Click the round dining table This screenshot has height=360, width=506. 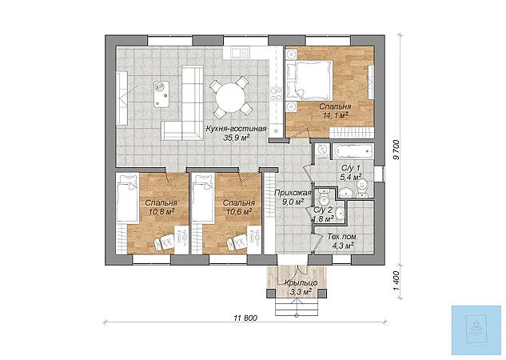coord(230,98)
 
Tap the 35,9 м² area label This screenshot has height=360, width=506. coord(237,138)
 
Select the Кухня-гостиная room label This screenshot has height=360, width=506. coord(237,129)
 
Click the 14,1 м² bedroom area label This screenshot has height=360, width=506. coord(335,115)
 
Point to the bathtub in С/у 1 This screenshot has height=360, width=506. coord(353,151)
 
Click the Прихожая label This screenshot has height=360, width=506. coord(293,193)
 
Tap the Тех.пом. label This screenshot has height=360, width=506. coord(343,237)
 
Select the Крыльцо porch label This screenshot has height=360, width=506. coord(301,283)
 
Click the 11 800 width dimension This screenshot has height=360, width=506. coord(245,318)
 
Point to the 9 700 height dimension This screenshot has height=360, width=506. coord(396,150)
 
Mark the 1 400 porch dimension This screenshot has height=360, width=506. coord(396,281)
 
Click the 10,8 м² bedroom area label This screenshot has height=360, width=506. coord(161,212)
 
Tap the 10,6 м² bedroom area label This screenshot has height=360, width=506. coord(239,212)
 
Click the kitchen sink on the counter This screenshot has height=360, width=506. coord(241,52)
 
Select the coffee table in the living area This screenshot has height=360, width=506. coord(161,94)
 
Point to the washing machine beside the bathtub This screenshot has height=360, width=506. coord(322,150)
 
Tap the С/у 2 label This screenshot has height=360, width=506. coord(323,210)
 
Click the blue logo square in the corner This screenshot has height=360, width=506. coord(476,330)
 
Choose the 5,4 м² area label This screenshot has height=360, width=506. coord(350,177)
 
